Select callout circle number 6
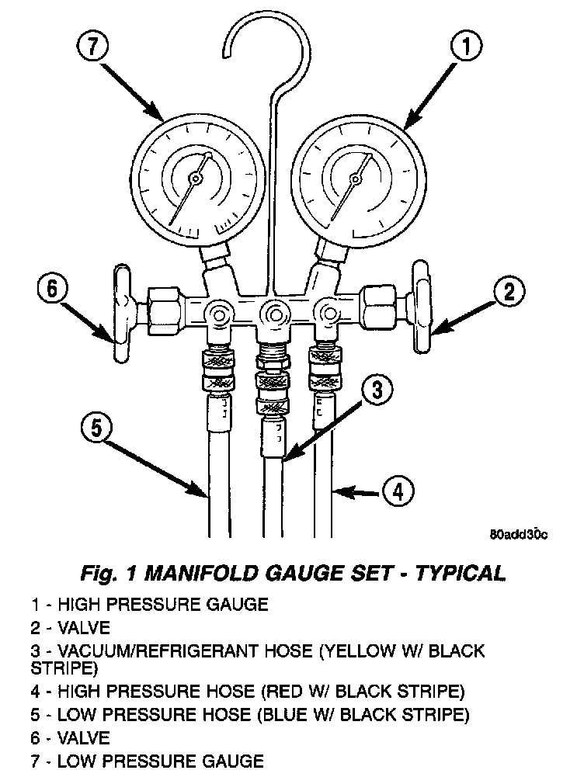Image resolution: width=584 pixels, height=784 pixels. pyautogui.click(x=53, y=290)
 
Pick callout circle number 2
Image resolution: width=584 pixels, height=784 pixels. pyautogui.click(x=509, y=291)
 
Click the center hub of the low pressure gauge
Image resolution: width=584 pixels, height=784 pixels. pyautogui.click(x=194, y=179)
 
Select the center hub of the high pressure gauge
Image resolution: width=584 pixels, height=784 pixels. pyautogui.click(x=356, y=179)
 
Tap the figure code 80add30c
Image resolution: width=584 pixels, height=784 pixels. pyautogui.click(x=519, y=534)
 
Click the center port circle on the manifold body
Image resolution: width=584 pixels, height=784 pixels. pyautogui.click(x=274, y=314)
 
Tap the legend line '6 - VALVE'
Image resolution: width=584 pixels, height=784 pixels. pyautogui.click(x=71, y=737)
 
